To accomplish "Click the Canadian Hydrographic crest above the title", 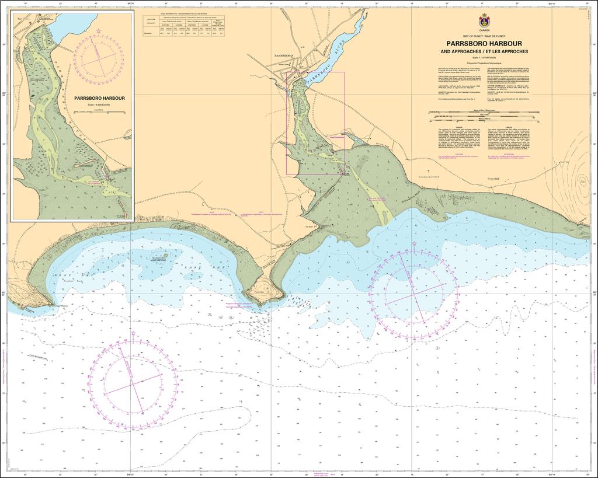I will click(x=484, y=20).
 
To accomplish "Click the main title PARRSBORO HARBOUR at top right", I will click(x=484, y=43).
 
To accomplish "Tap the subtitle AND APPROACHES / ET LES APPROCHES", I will click(x=484, y=51).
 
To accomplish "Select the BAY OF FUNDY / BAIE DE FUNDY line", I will click(x=484, y=36).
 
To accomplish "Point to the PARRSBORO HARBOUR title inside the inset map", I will click(x=99, y=98).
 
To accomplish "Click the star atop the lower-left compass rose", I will click(x=133, y=334).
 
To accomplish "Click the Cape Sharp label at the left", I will click(x=61, y=305).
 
